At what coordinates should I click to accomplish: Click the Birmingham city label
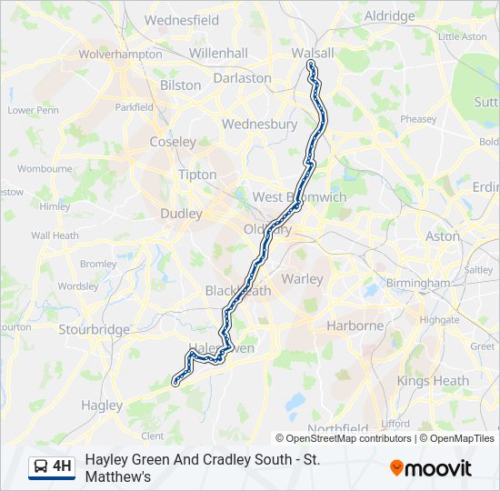coord(417,283)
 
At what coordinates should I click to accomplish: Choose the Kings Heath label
coord(433,381)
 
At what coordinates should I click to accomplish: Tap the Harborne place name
coord(355,326)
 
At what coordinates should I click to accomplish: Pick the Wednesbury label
coord(259,124)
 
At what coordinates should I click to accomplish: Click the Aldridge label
coord(388,15)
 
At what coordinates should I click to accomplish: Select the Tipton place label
coord(197,175)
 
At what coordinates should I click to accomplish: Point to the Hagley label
coord(102,405)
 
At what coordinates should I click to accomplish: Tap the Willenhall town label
coord(218,54)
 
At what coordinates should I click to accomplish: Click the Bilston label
coord(180,85)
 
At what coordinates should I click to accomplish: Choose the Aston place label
coord(443,235)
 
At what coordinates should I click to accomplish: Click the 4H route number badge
coord(62,467)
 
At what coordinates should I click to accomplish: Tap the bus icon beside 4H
coord(41,467)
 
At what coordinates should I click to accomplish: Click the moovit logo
coord(431,468)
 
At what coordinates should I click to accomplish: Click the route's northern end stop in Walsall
coord(311,65)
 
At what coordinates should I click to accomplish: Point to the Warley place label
coord(302,279)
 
